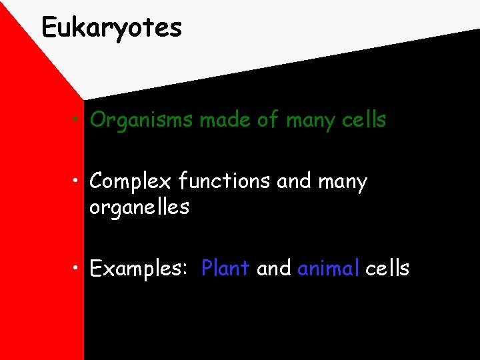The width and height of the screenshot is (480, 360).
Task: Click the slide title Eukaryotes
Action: pyautogui.click(x=111, y=28)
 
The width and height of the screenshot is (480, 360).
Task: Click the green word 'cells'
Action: pyautogui.click(x=365, y=120)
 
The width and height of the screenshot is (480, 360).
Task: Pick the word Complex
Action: pyautogui.click(x=131, y=181)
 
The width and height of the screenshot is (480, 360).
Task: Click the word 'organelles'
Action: pyautogui.click(x=139, y=207)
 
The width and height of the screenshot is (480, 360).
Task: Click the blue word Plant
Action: pyautogui.click(x=225, y=268)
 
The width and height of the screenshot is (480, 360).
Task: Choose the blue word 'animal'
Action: pyautogui.click(x=329, y=268)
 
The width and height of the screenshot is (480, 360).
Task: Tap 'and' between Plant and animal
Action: pyautogui.click(x=273, y=268)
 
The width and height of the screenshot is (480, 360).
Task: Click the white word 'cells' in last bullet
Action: pyautogui.click(x=387, y=268)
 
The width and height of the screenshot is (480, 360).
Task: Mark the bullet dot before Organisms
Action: pyautogui.click(x=78, y=121)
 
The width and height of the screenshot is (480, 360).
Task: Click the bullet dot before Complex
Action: pyautogui.click(x=78, y=181)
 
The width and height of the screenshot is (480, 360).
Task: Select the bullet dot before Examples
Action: pyautogui.click(x=78, y=269)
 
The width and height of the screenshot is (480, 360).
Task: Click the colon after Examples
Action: pyautogui.click(x=185, y=270)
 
